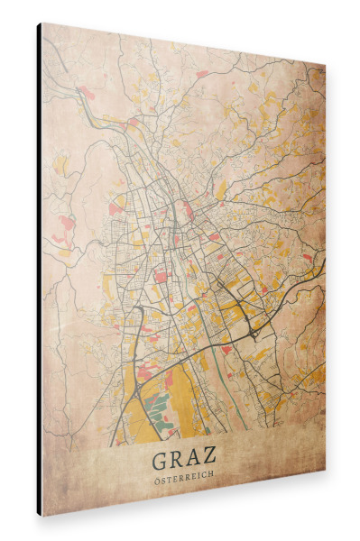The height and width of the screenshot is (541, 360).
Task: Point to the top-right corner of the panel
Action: pyautogui.click(x=325, y=66)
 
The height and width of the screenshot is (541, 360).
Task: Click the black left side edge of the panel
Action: pyautogui.click(x=39, y=270)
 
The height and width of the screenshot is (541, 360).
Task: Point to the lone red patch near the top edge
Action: pyautogui.click(x=202, y=72)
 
